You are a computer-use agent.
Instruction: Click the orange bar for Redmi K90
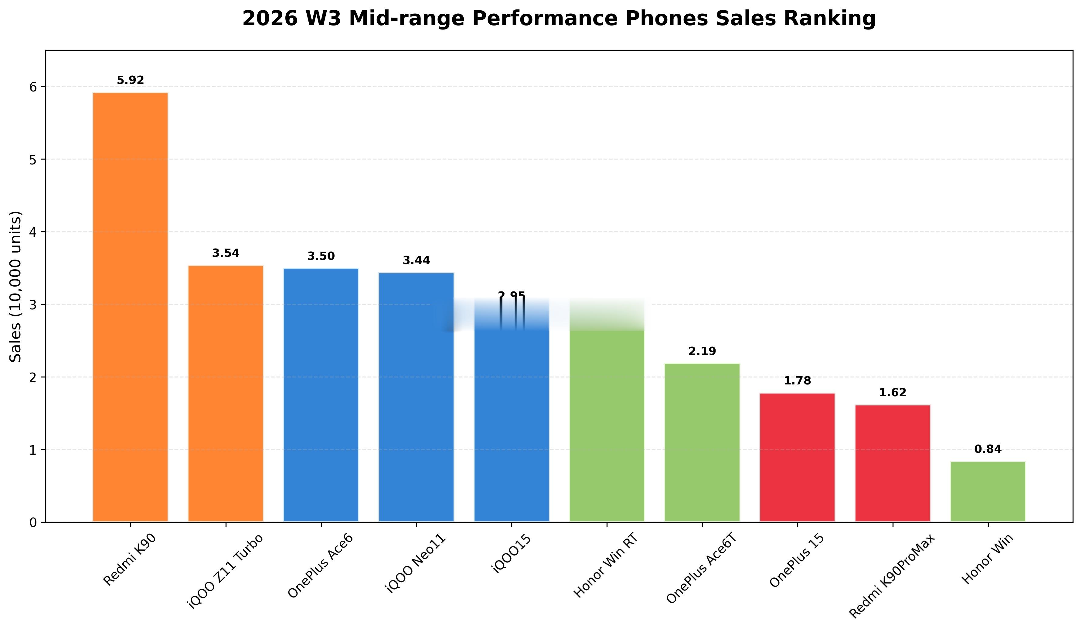click(x=130, y=307)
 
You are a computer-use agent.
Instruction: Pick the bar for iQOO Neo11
click(x=416, y=397)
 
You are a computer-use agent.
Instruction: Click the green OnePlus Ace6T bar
click(x=702, y=442)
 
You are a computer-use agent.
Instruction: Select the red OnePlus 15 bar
click(x=797, y=457)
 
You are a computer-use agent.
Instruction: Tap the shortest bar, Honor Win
click(x=988, y=492)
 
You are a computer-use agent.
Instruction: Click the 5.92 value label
click(x=130, y=80)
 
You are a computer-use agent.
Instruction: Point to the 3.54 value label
click(x=225, y=253)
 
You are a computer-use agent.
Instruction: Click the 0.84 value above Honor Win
click(x=988, y=449)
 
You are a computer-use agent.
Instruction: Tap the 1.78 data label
click(x=797, y=381)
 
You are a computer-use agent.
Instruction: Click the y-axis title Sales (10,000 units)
click(x=15, y=286)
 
